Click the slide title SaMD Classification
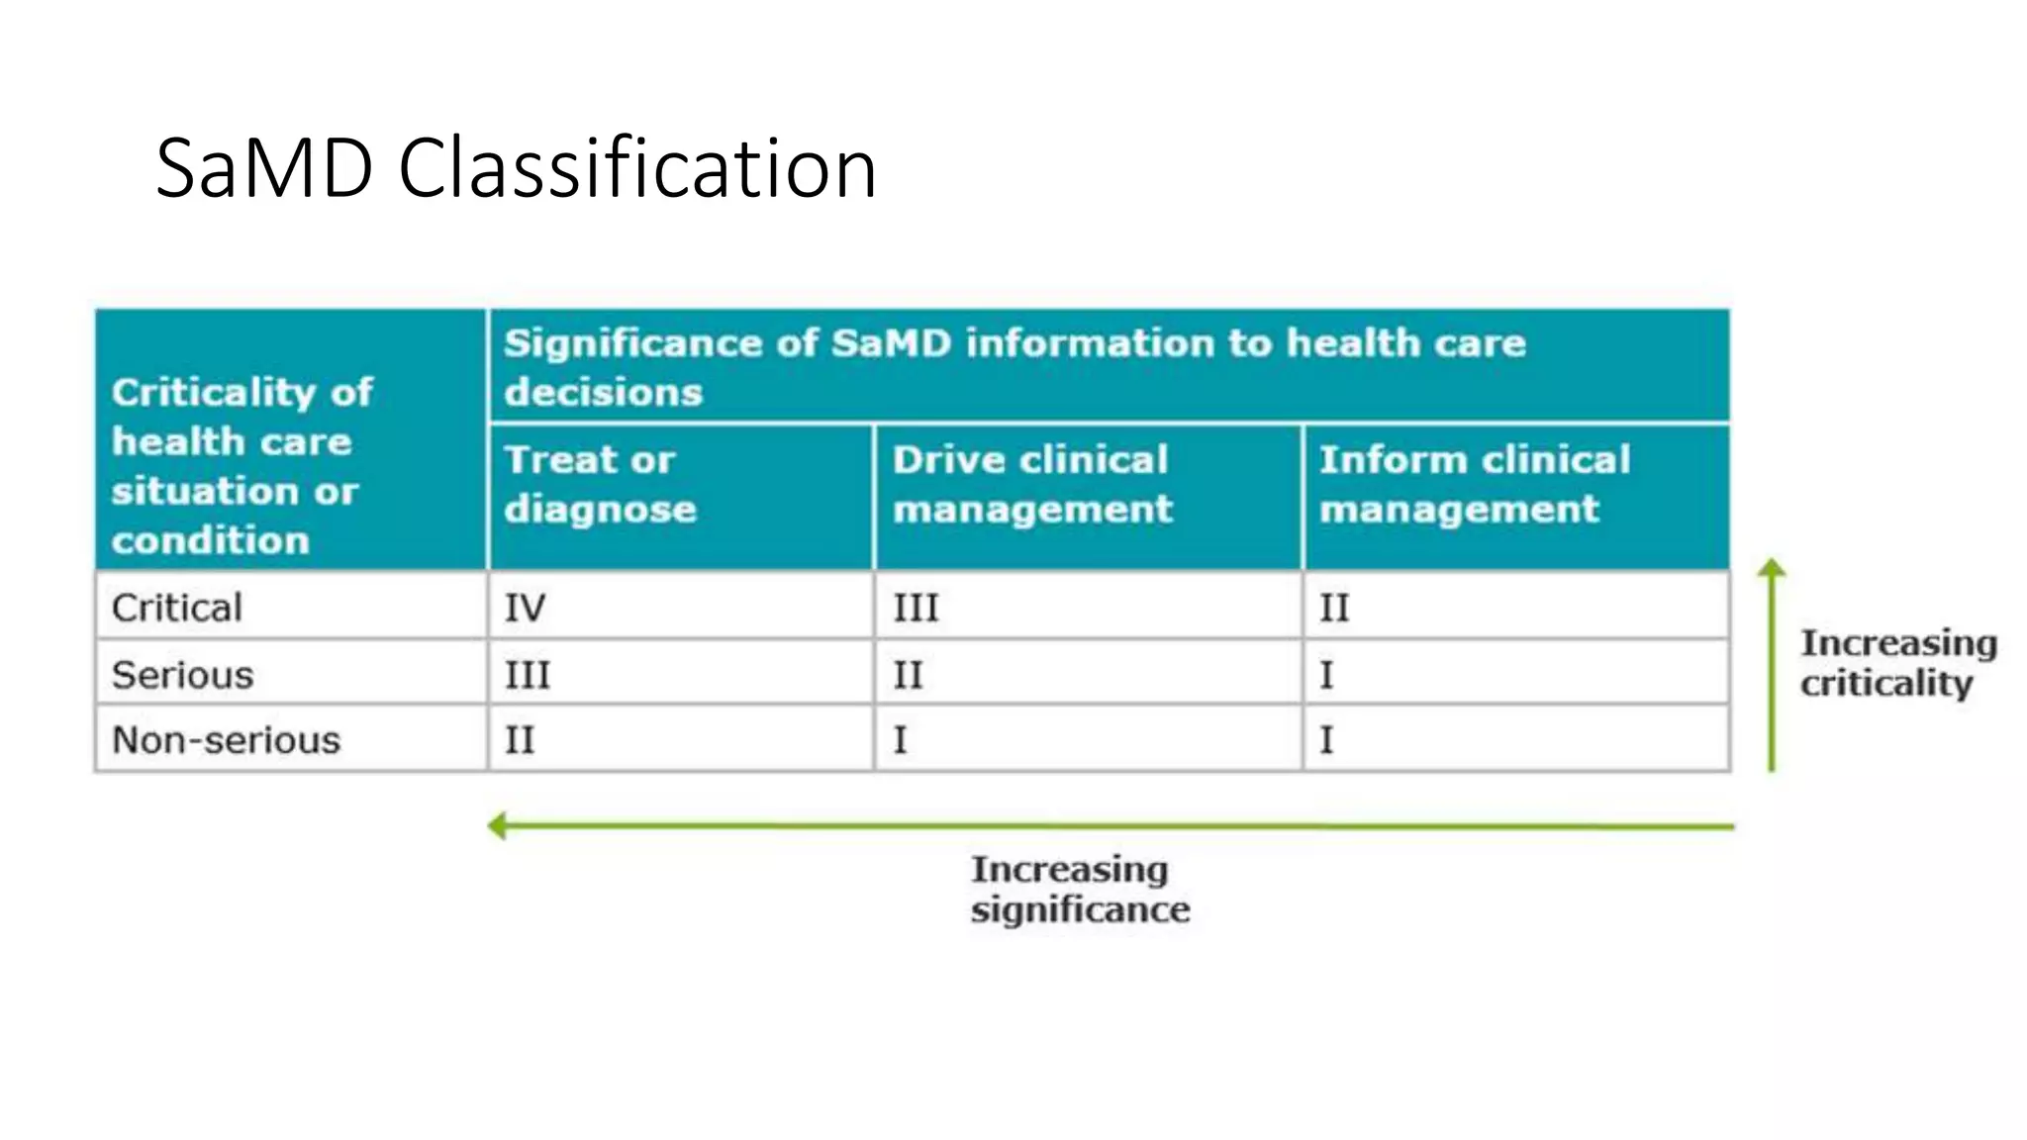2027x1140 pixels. pyautogui.click(x=516, y=168)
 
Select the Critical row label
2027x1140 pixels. pyautogui.click(x=177, y=608)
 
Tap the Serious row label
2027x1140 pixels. pyautogui.click(x=183, y=675)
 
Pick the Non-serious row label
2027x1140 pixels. pyautogui.click(x=227, y=740)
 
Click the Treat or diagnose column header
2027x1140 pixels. pyautogui.click(x=601, y=484)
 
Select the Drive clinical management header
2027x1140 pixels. pyautogui.click(x=1032, y=484)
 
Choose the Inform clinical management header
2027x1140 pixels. pyautogui.click(x=1475, y=484)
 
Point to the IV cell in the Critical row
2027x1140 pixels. pyautogui.click(x=525, y=608)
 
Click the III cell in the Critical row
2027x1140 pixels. pyautogui.click(x=916, y=608)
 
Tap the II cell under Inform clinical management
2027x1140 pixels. pyautogui.click(x=1334, y=608)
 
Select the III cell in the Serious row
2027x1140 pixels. pyautogui.click(x=528, y=675)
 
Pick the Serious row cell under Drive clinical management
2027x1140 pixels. pyautogui.click(x=908, y=675)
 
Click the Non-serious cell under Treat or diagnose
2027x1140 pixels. pyautogui.click(x=520, y=740)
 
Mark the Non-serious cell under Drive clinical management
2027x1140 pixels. pyautogui.click(x=900, y=740)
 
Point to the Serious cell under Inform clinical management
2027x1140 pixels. pyautogui.click(x=1326, y=675)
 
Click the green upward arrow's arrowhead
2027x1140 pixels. pyautogui.click(x=1772, y=568)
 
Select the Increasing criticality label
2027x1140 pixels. pyautogui.click(x=1897, y=663)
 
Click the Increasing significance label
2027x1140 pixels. pyautogui.click(x=1080, y=889)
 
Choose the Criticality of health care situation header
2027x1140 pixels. pyautogui.click(x=242, y=466)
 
